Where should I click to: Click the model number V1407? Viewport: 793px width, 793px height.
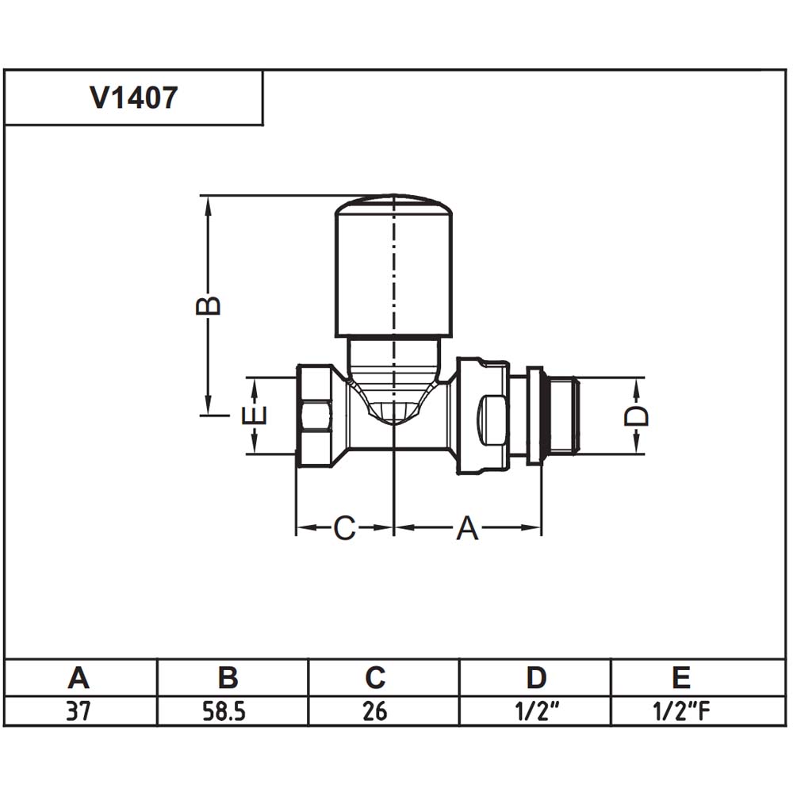point(133,98)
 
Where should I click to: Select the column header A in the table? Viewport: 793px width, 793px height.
point(79,678)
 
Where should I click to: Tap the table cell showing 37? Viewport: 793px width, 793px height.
point(79,711)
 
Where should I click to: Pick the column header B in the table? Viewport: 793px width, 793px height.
point(228,678)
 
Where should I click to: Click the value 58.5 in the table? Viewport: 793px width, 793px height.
point(224,711)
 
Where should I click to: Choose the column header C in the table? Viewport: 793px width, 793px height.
point(375,678)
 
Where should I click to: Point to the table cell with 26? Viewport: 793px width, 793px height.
point(375,711)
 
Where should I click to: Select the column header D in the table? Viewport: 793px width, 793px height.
point(536,678)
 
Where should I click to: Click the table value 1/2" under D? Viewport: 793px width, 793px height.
point(537,711)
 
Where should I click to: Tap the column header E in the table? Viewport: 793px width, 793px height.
point(682,678)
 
